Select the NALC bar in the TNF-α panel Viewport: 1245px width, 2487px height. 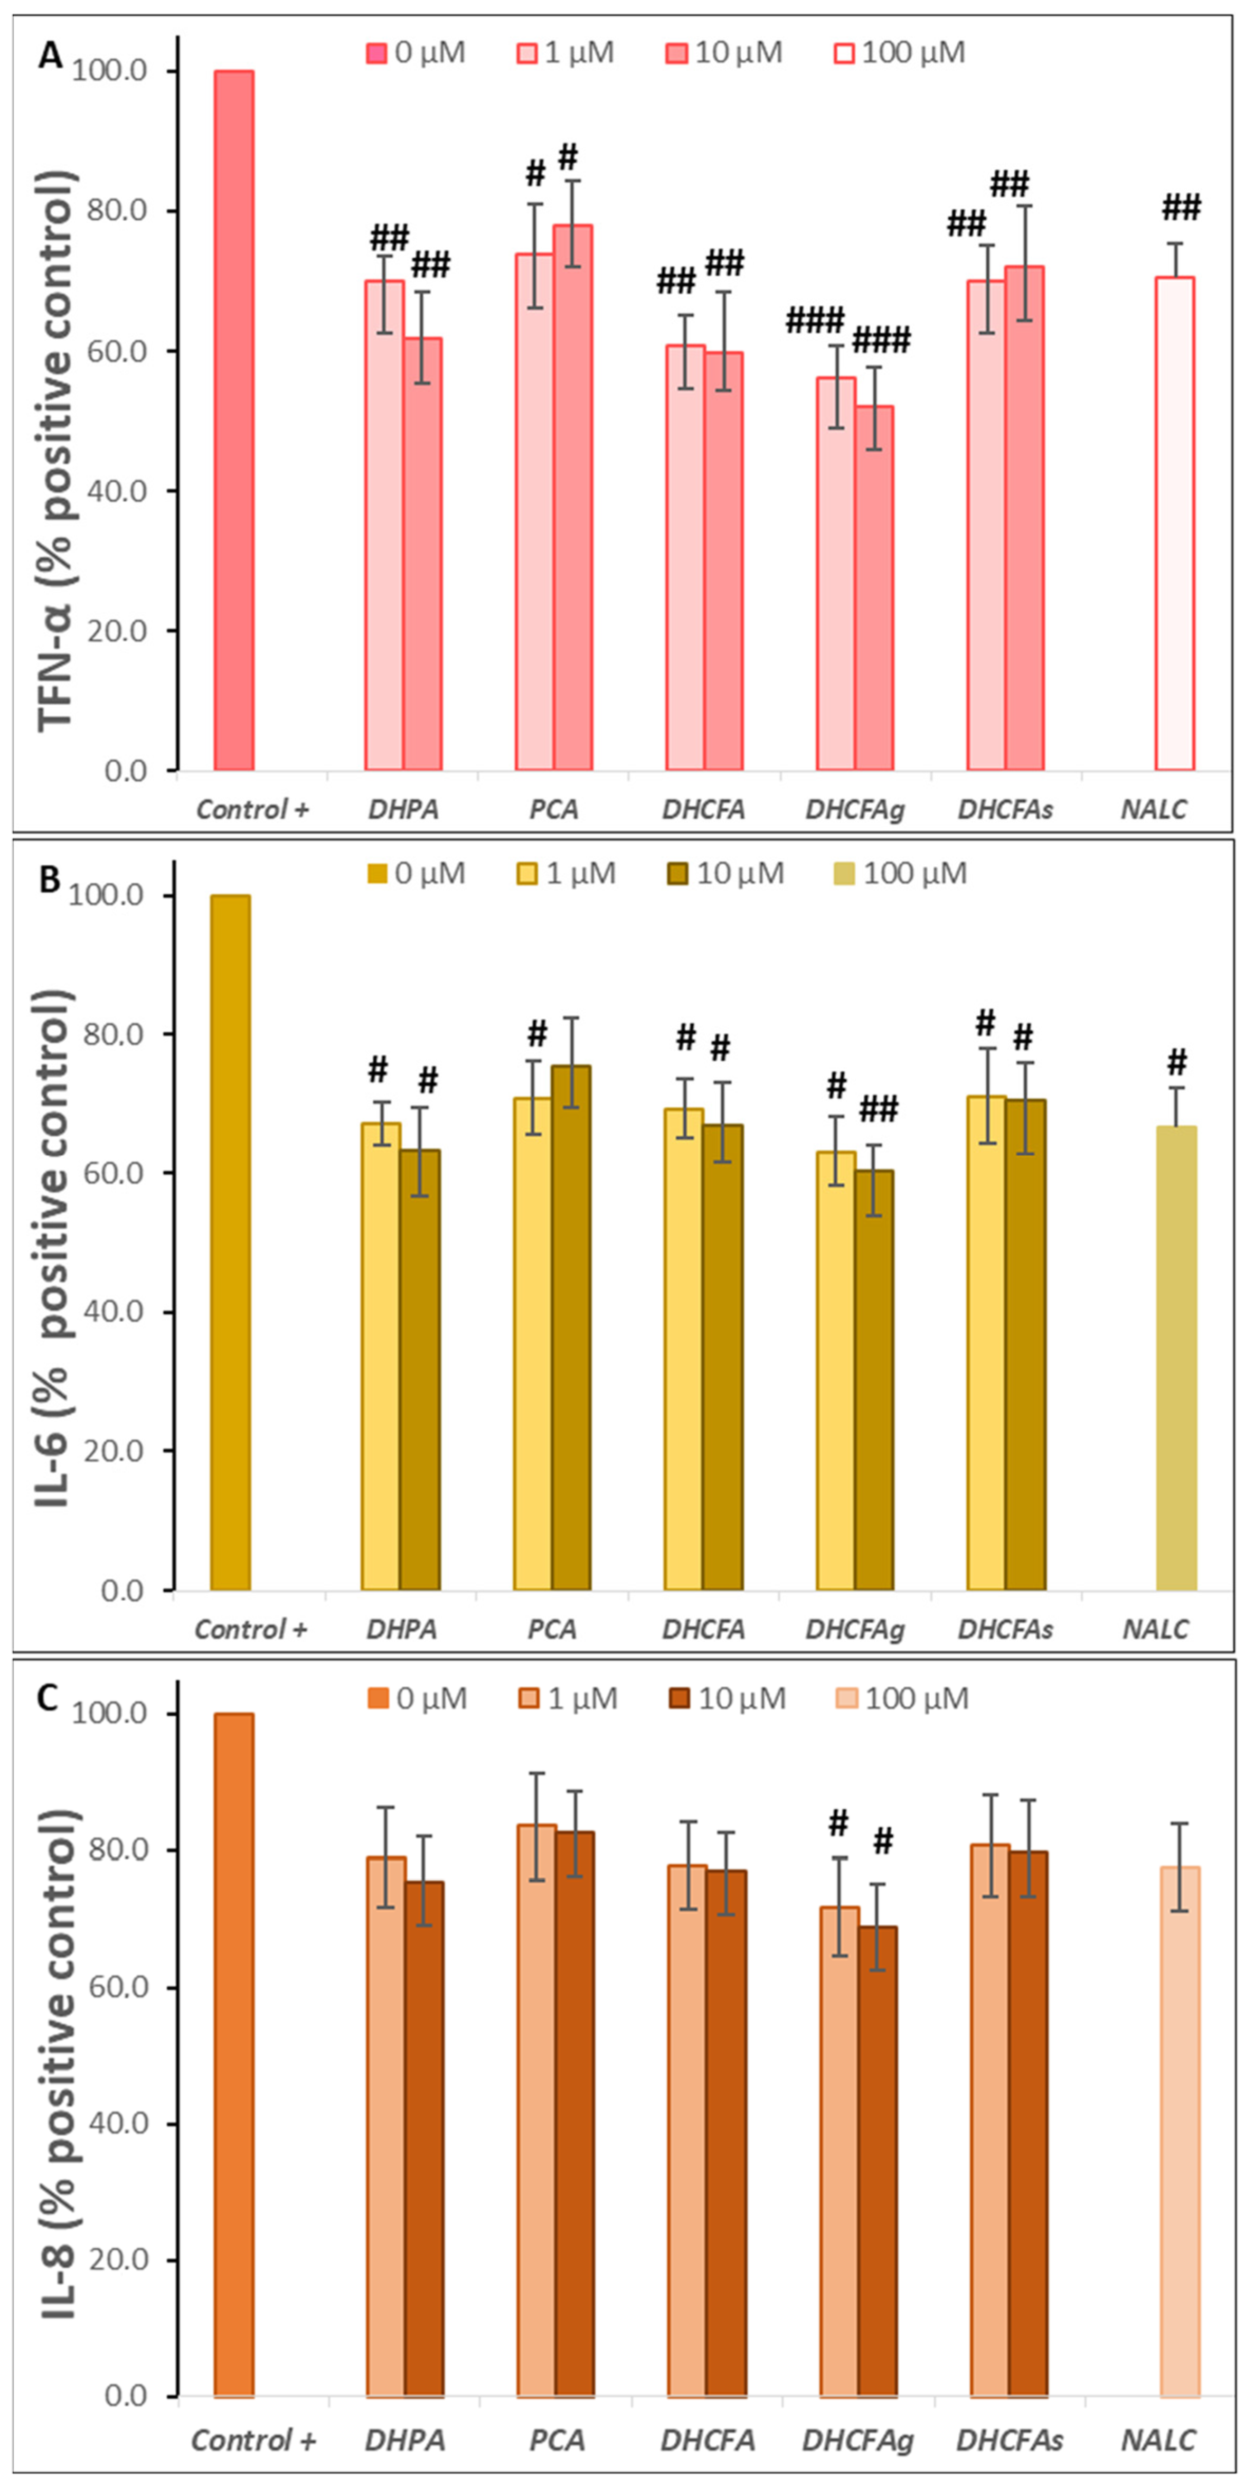pyautogui.click(x=1175, y=523)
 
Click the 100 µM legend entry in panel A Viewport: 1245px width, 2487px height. pyautogui.click(x=900, y=52)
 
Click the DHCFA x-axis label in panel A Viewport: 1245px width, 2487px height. pyautogui.click(x=704, y=809)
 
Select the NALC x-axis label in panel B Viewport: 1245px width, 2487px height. pyautogui.click(x=1155, y=1630)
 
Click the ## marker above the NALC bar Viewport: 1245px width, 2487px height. pyautogui.click(x=1181, y=208)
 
